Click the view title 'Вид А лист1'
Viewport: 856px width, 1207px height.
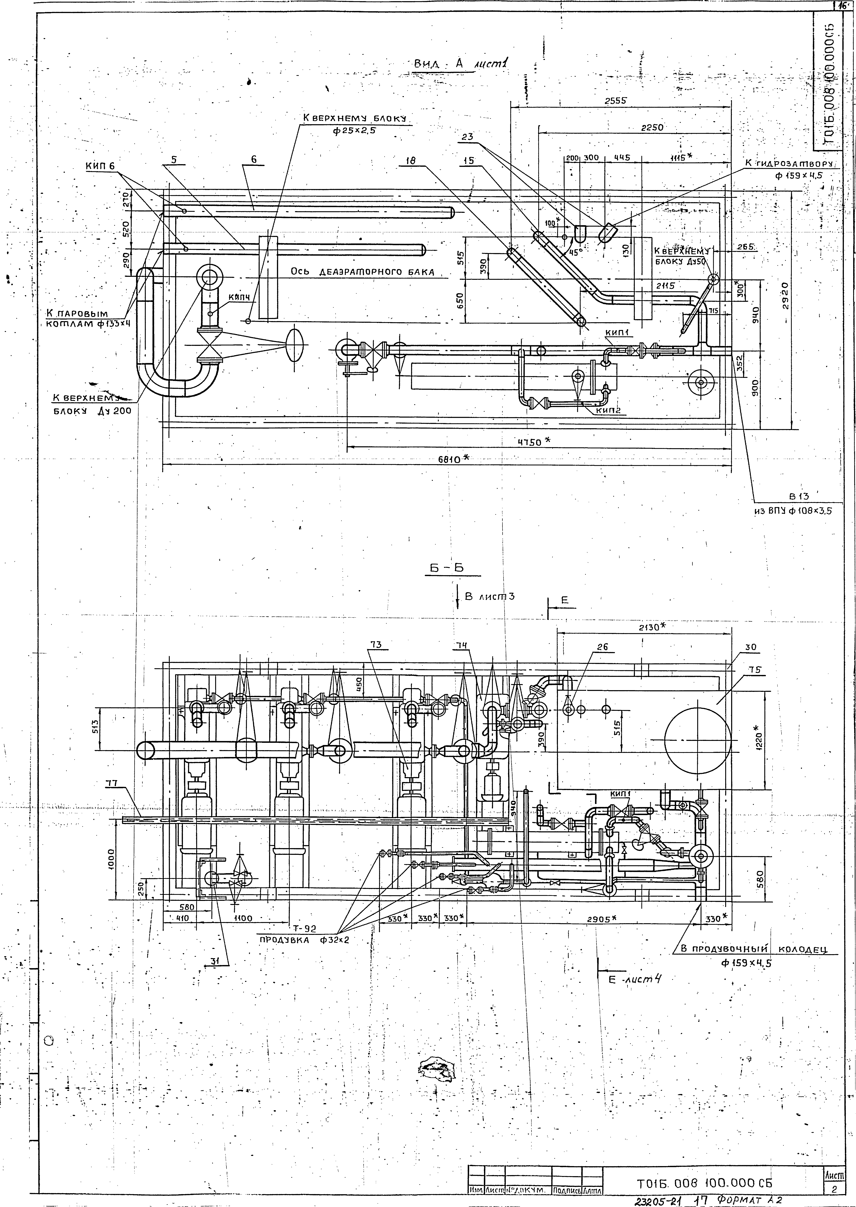click(x=460, y=64)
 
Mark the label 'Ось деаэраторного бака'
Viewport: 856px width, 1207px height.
click(x=363, y=272)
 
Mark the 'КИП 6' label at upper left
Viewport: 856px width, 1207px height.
click(x=100, y=166)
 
